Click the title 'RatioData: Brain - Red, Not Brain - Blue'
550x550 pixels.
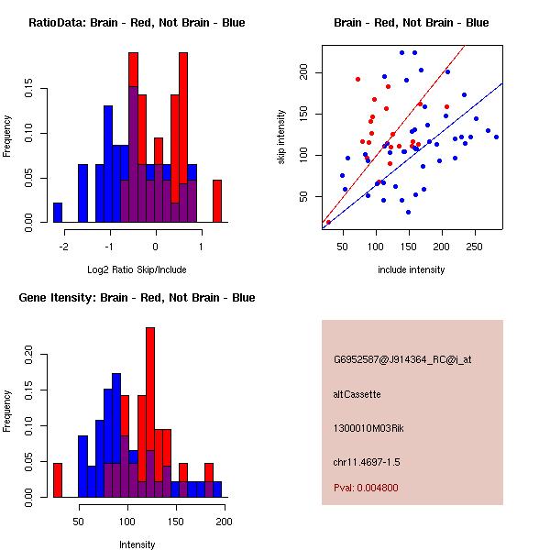tap(137, 23)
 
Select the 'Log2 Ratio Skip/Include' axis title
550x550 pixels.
tap(137, 269)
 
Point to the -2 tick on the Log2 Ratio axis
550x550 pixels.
tap(64, 247)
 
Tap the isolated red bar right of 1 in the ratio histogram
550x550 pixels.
tap(217, 201)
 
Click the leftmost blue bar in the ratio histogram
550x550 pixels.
tap(58, 213)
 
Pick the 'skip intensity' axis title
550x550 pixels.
tap(281, 137)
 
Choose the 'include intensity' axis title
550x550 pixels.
tap(411, 269)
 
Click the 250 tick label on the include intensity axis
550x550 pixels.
tap(474, 247)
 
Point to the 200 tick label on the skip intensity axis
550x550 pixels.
tap(303, 71)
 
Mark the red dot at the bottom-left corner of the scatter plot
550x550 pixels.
tap(328, 222)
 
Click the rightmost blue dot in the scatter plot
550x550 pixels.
tap(496, 137)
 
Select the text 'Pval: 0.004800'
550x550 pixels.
tap(366, 488)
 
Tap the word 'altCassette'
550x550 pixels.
tap(357, 394)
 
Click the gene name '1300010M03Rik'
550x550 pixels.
tap(368, 428)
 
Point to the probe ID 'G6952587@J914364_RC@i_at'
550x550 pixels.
tap(402, 360)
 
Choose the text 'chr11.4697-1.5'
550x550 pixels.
tap(367, 462)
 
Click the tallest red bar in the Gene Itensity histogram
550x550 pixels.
tap(150, 412)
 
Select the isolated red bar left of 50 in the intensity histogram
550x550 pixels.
tap(58, 480)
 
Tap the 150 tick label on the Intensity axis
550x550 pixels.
tap(176, 522)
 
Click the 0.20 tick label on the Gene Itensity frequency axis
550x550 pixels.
tap(28, 354)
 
